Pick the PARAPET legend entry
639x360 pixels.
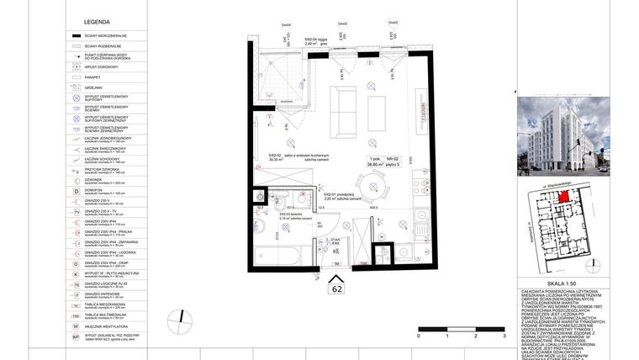click(92, 76)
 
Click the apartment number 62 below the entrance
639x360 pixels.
click(337, 289)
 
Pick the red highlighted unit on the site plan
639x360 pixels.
click(569, 196)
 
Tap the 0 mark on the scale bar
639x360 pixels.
click(417, 334)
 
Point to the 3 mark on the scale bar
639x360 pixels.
click(503, 334)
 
